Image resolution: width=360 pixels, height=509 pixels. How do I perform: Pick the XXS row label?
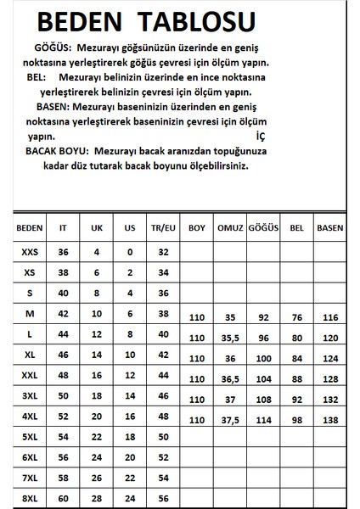pyautogui.click(x=29, y=252)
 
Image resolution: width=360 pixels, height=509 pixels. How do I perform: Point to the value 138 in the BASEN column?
pyautogui.click(x=330, y=421)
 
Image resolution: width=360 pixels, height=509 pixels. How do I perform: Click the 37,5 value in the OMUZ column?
pyautogui.click(x=230, y=421)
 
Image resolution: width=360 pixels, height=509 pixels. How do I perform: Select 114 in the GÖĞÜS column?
pyautogui.click(x=263, y=421)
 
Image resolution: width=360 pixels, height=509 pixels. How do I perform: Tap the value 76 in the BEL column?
pyautogui.click(x=296, y=318)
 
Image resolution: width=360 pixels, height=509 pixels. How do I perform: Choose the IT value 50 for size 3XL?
pyautogui.click(x=62, y=397)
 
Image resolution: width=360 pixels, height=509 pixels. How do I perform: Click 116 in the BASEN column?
pyautogui.click(x=330, y=318)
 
